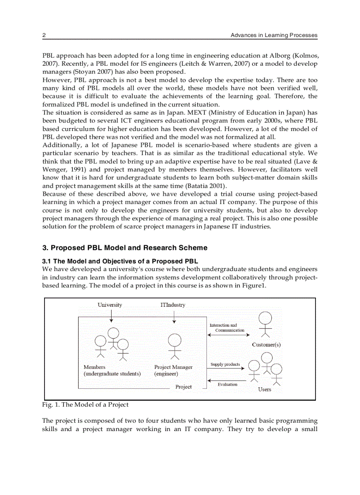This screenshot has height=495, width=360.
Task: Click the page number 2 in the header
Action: (x=44, y=35)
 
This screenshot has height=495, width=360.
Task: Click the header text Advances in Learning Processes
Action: (x=274, y=35)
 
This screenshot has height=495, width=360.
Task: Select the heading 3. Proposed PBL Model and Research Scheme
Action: (x=124, y=248)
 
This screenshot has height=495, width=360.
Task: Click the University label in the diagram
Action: (x=110, y=305)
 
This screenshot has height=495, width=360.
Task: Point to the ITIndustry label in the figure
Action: (x=173, y=305)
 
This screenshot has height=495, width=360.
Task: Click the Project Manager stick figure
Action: (x=175, y=346)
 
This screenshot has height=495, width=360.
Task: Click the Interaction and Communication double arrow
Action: (x=226, y=335)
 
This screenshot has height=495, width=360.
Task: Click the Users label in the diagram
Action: (x=264, y=390)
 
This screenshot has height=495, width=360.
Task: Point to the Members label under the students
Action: (x=94, y=367)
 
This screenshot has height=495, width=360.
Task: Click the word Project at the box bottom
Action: (x=184, y=387)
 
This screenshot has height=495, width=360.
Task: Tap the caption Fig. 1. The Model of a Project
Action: (x=86, y=405)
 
